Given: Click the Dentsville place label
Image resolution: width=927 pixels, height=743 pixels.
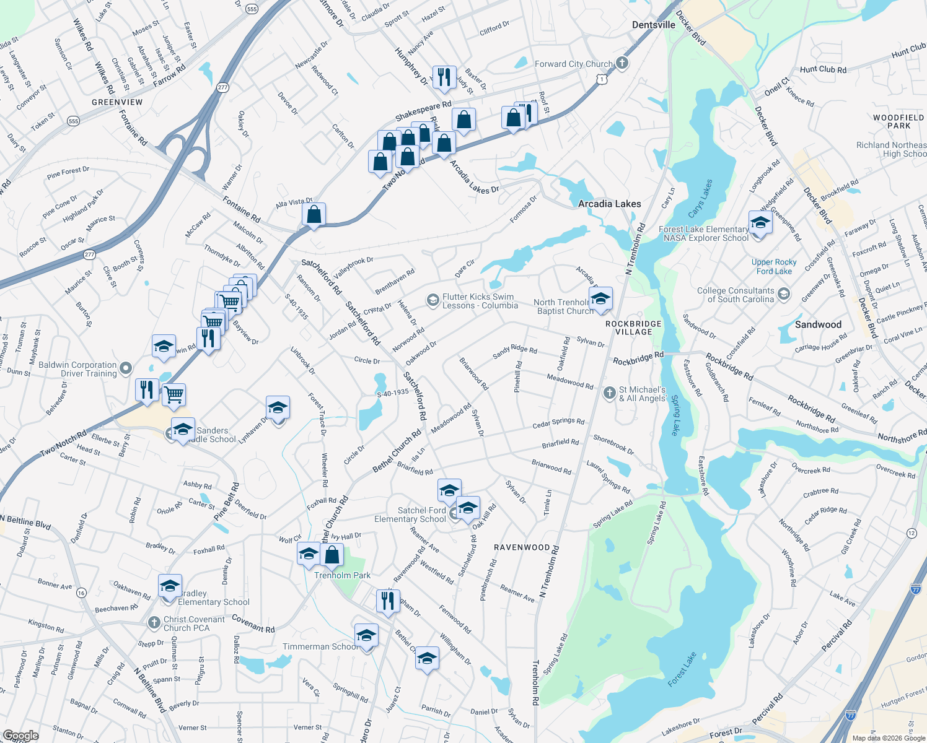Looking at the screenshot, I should click(653, 25).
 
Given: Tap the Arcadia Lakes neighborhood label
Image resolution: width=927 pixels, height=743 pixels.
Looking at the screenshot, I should click(609, 204).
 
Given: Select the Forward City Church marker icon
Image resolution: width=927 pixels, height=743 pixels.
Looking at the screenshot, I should click(623, 63).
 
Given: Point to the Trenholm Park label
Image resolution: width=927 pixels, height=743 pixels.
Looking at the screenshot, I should click(342, 575).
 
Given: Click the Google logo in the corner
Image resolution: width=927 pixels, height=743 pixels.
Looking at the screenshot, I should click(20, 736).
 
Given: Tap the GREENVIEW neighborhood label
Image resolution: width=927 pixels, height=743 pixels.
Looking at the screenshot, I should click(117, 102).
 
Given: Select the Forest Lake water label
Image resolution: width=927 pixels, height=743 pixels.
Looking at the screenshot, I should click(682, 669).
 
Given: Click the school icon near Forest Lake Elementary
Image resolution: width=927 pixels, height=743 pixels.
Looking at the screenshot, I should click(760, 222).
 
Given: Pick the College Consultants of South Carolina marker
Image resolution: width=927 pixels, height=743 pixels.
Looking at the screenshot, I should click(784, 294).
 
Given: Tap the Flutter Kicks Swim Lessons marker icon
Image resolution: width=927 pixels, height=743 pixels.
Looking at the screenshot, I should click(433, 301).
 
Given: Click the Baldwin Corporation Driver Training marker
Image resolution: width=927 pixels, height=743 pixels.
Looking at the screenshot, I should click(126, 369).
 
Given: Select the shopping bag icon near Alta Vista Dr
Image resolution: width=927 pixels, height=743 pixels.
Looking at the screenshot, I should click(314, 214).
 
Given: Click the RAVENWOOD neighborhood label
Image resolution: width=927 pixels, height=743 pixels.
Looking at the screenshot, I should click(522, 547).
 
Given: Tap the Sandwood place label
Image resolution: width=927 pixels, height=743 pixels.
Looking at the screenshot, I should click(818, 324).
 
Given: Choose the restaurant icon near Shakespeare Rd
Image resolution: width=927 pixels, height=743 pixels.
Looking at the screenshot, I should click(444, 77).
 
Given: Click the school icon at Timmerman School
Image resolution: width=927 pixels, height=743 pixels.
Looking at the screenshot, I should click(366, 635).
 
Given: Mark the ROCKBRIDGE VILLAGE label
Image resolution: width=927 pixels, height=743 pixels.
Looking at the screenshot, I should click(633, 328).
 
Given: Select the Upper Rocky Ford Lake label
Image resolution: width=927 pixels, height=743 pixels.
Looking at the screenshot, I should click(774, 267).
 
